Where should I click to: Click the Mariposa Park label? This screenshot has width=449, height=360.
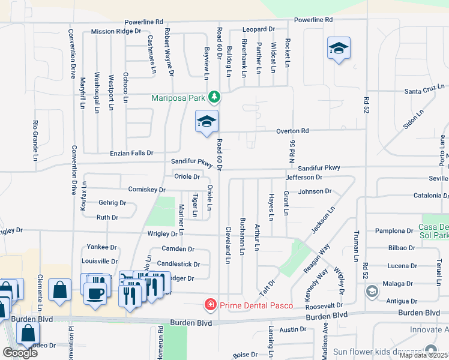click(x=179, y=97)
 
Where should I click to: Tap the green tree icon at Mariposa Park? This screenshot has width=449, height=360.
click(x=214, y=97)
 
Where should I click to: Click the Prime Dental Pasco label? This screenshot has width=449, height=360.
click(x=256, y=305)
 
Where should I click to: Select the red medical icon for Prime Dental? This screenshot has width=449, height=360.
click(x=211, y=305)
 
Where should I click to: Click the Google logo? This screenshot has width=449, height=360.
click(x=20, y=352)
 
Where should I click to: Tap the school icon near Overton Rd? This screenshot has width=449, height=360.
click(x=206, y=122)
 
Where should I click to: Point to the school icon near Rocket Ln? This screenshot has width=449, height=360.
click(x=339, y=49)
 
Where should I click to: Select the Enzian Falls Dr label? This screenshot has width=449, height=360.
click(x=131, y=154)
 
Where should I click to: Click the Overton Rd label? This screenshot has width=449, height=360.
click(x=292, y=131)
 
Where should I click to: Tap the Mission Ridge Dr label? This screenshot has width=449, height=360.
click(x=116, y=31)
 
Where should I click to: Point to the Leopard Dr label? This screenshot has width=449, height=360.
click(x=258, y=29)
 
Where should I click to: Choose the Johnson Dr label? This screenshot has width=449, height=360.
click(x=315, y=191)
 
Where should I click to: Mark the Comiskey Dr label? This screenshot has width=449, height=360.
click(x=147, y=190)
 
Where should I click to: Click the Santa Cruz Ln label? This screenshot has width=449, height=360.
click(x=424, y=91)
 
